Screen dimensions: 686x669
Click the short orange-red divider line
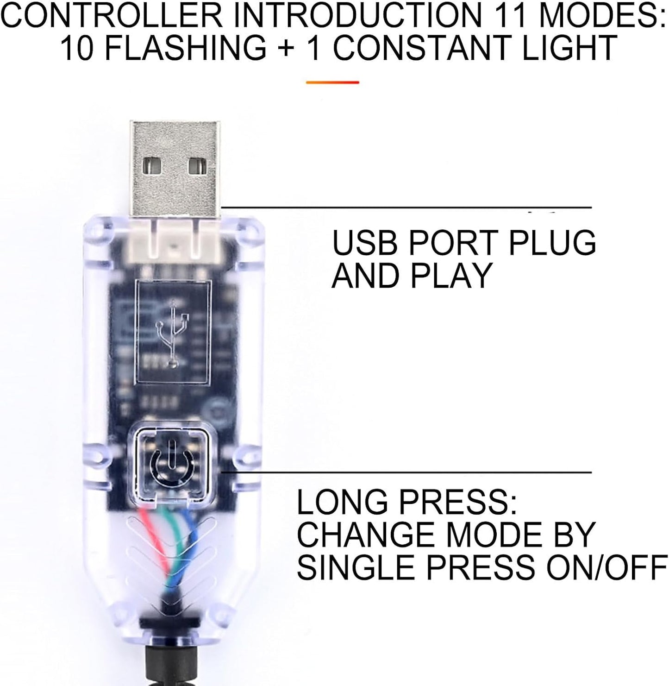(332, 82)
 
